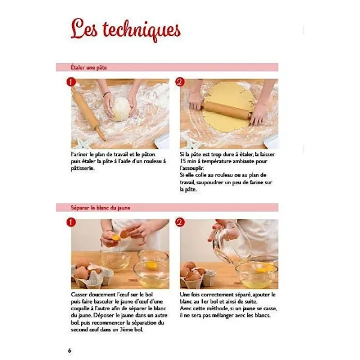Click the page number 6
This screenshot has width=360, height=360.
[70, 350]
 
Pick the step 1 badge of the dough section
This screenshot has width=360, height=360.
[71, 82]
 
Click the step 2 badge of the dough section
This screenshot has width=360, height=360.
[180, 82]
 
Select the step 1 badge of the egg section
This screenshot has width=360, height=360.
[71, 222]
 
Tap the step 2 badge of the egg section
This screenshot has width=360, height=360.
[180, 222]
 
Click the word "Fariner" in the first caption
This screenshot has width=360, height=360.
[80, 154]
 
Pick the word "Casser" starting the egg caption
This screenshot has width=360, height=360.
[80, 295]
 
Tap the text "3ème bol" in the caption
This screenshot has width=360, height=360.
[136, 329]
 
